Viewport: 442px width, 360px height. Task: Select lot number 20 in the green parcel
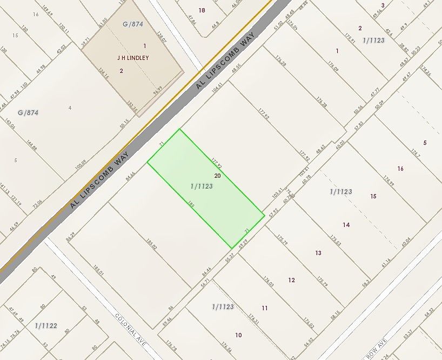tap(217, 176)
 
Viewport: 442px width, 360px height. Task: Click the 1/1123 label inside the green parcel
tap(202, 186)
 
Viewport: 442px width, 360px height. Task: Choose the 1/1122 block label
tap(46, 325)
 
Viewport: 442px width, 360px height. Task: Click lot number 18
tap(202, 10)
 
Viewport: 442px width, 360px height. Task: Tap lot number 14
tap(346, 224)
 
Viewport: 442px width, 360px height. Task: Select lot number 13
tap(318, 253)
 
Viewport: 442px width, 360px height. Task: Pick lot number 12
tap(292, 280)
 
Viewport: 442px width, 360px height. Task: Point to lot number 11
tap(265, 308)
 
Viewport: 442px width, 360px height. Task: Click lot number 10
tap(238, 335)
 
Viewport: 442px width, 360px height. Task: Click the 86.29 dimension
tap(70, 237)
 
